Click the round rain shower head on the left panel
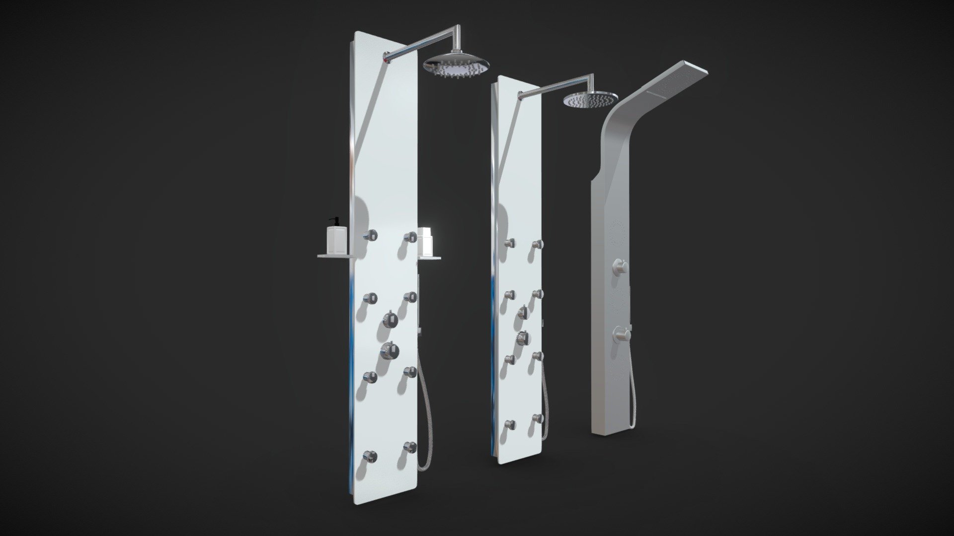tap(456, 65)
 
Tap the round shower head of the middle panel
tap(590, 100)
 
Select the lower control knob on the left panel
tap(390, 349)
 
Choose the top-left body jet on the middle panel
tap(508, 243)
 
